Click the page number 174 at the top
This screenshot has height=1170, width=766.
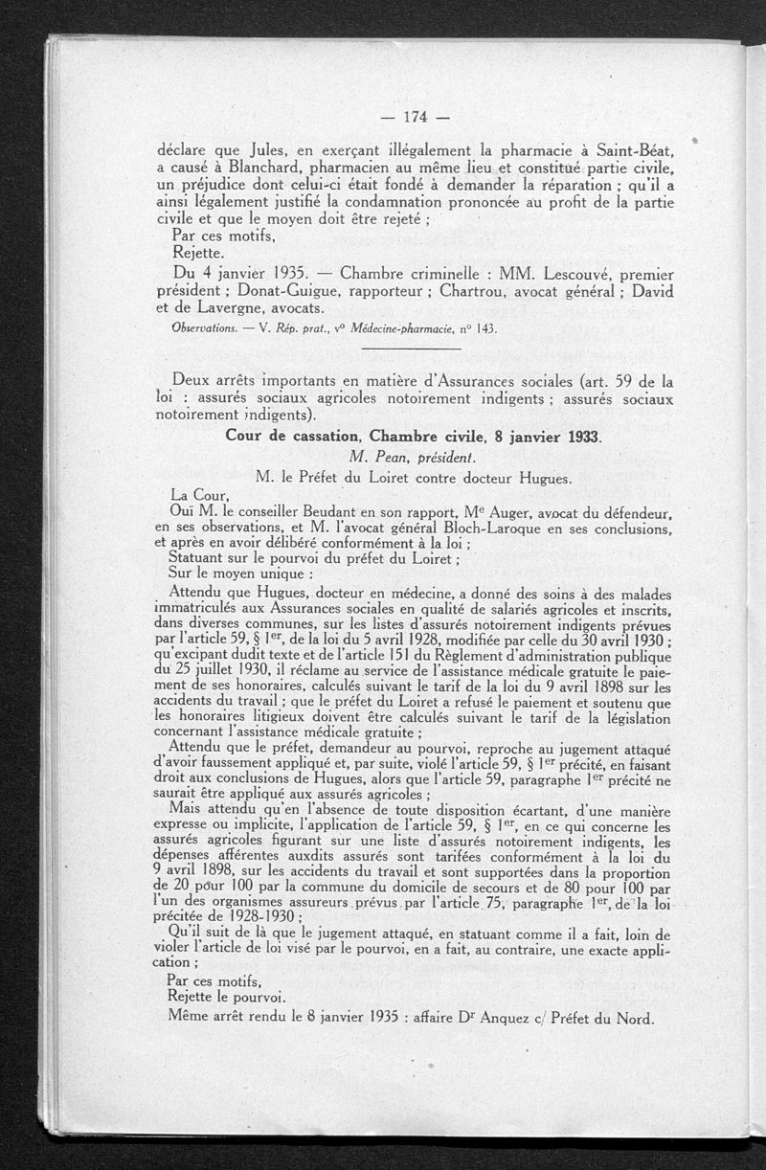coord(414,118)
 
